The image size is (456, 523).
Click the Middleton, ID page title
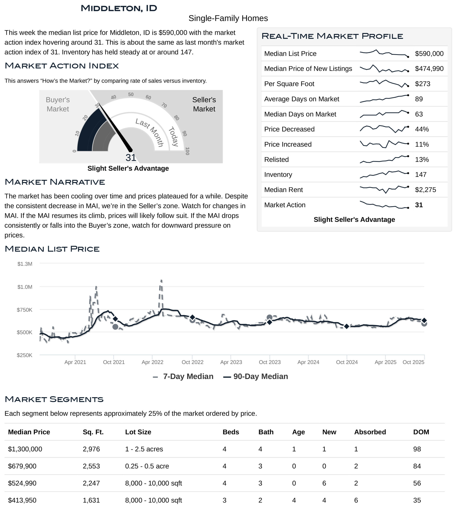click(119, 8)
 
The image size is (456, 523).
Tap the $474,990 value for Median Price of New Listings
click(429, 69)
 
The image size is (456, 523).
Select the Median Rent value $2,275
click(425, 190)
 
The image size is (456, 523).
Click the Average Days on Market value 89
click(419, 99)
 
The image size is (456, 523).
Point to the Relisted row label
click(276, 160)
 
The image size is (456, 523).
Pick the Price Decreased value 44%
click(422, 129)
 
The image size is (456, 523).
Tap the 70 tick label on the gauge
click(164, 105)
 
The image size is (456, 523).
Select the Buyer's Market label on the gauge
click(58, 104)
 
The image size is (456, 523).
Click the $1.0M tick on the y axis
click(25, 287)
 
